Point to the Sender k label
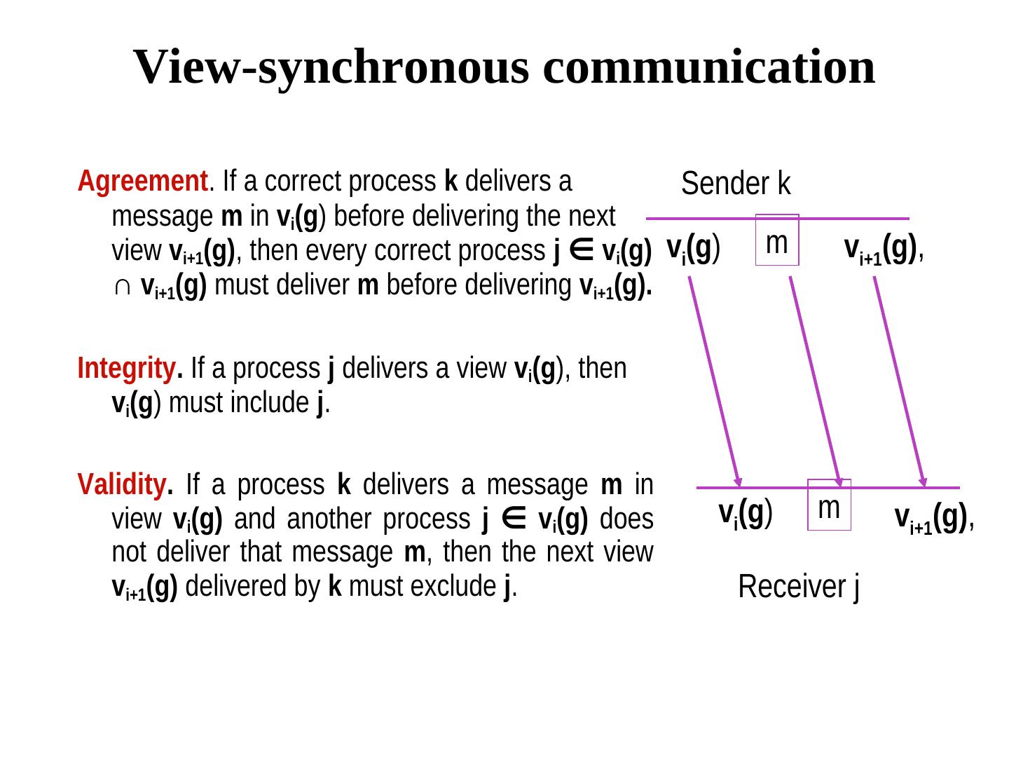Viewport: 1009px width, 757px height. pyautogui.click(x=736, y=184)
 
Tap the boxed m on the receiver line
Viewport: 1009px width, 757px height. pyautogui.click(x=829, y=506)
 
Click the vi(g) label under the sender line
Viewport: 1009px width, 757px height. pyautogui.click(x=694, y=247)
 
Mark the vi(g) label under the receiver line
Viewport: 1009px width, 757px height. pyautogui.click(x=746, y=513)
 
